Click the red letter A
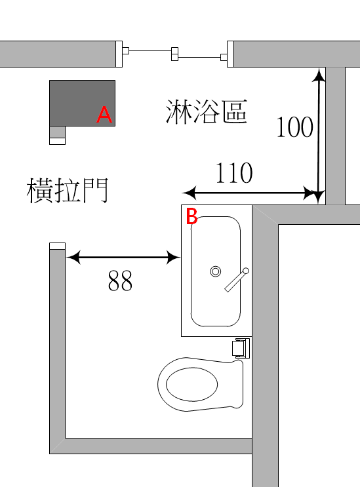coord(104,115)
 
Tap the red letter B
coord(191,216)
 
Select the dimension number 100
coord(295,127)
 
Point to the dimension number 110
coord(234,172)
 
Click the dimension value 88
coord(120,281)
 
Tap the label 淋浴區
coord(207,111)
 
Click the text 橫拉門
coord(68,190)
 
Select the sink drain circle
coord(216,271)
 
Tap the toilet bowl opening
coord(191,384)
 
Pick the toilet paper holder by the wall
coord(241,348)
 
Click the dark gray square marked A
coord(83,103)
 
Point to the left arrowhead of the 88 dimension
coord(73,258)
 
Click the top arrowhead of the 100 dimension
coord(319,75)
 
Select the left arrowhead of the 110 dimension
coord(189,193)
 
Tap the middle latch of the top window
coord(175,54)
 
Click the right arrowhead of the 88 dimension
coord(173,258)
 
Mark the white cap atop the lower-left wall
coord(58,246)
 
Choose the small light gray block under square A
coord(58,132)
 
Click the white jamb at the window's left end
coord(119,54)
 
